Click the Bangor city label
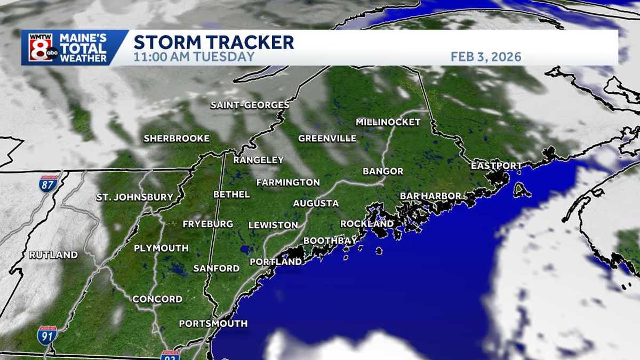(383, 171)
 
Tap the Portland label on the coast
(276, 262)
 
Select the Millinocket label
(388, 122)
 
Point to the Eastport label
(496, 166)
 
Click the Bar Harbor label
(430, 196)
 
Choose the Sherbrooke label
(177, 139)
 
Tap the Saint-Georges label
(250, 105)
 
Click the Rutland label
(53, 255)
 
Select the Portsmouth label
(213, 323)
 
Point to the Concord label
(157, 299)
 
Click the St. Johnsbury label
(135, 197)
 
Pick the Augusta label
(316, 203)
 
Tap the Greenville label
(327, 139)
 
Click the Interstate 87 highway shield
(48, 185)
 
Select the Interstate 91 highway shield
(47, 334)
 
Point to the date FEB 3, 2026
(486, 57)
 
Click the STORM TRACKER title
(213, 42)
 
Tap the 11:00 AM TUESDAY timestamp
(194, 57)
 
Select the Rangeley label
(258, 159)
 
